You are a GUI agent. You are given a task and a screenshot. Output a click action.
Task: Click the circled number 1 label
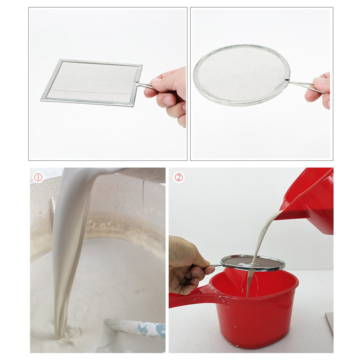click(x=38, y=177)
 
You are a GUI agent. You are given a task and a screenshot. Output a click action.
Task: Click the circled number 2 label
click(x=179, y=177)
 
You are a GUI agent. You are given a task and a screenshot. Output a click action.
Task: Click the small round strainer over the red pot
click(x=253, y=264)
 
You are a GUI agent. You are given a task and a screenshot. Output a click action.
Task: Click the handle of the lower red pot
click(x=190, y=296)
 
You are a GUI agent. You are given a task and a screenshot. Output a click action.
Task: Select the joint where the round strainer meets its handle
click(x=287, y=80)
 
